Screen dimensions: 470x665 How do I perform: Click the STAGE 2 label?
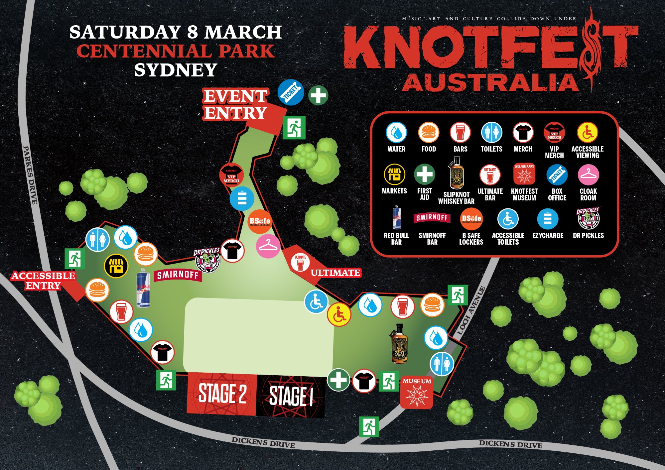222,394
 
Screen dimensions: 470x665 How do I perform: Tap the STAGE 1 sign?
291,396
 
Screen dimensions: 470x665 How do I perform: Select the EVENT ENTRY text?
235,104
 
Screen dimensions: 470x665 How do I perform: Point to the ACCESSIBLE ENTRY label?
43,281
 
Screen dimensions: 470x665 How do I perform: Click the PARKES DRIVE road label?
30,175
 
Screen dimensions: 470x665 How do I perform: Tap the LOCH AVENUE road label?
471,310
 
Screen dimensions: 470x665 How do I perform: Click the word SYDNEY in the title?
176,70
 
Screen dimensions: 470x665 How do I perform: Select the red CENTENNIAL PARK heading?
176,51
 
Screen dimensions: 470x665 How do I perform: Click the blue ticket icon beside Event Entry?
291,92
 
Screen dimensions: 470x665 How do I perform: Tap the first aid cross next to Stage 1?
338,380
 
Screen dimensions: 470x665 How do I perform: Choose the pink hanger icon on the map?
268,246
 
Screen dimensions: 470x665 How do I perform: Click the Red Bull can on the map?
143,288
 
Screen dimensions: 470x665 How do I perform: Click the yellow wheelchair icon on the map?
339,314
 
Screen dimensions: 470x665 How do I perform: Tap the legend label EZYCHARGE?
548,235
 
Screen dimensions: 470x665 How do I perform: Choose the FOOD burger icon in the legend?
429,132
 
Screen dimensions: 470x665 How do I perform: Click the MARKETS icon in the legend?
394,174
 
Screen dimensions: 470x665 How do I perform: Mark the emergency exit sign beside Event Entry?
294,128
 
